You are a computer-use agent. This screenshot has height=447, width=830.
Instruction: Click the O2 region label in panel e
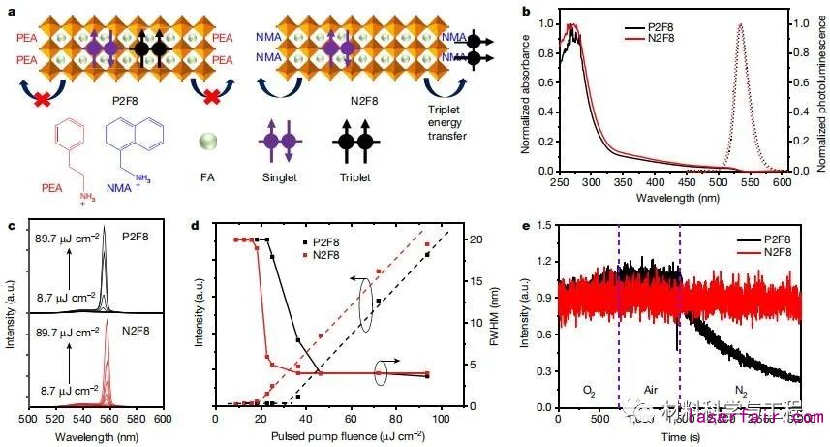click(x=589, y=390)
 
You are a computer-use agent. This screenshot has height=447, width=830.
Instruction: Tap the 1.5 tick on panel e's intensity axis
click(x=542, y=224)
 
